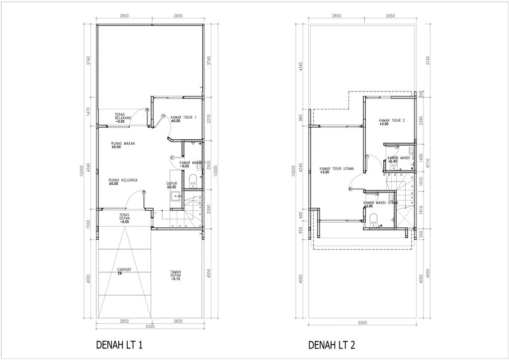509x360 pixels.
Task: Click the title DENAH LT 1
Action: tap(119, 345)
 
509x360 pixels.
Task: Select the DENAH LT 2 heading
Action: tap(332, 345)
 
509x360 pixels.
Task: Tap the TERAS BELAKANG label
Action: tap(122, 116)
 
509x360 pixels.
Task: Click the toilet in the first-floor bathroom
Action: tap(193, 179)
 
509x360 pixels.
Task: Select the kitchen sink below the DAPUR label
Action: tap(174, 198)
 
